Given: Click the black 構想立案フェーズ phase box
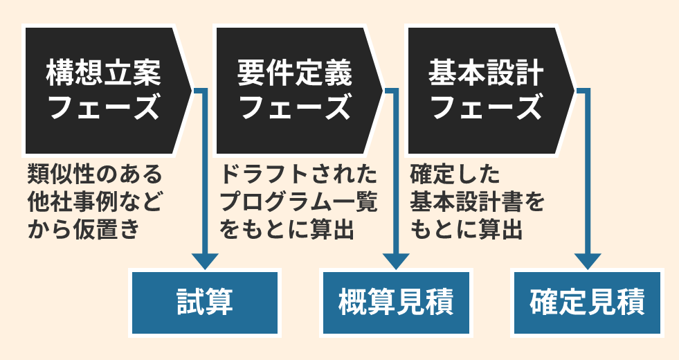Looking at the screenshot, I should pyautogui.click(x=104, y=90).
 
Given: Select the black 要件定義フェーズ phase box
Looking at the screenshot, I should pyautogui.click(x=294, y=90).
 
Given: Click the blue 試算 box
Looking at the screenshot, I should pyautogui.click(x=204, y=303).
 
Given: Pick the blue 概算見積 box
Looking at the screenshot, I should pyautogui.click(x=396, y=303).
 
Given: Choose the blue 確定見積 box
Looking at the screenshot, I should pyautogui.click(x=587, y=303).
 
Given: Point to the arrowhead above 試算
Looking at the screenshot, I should pyautogui.click(x=204, y=260).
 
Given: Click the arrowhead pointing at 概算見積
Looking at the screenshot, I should pyautogui.click(x=396, y=260).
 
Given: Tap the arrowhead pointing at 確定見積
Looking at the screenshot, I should pyautogui.click(x=587, y=260).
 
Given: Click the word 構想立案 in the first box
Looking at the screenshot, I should pyautogui.click(x=103, y=72).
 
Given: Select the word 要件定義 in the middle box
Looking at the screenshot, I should pyautogui.click(x=294, y=72).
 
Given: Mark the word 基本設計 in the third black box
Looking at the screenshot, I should pyautogui.click(x=486, y=72).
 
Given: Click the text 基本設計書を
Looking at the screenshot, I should pyautogui.click(x=478, y=201).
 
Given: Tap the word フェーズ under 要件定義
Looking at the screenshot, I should pyautogui.click(x=294, y=109).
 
